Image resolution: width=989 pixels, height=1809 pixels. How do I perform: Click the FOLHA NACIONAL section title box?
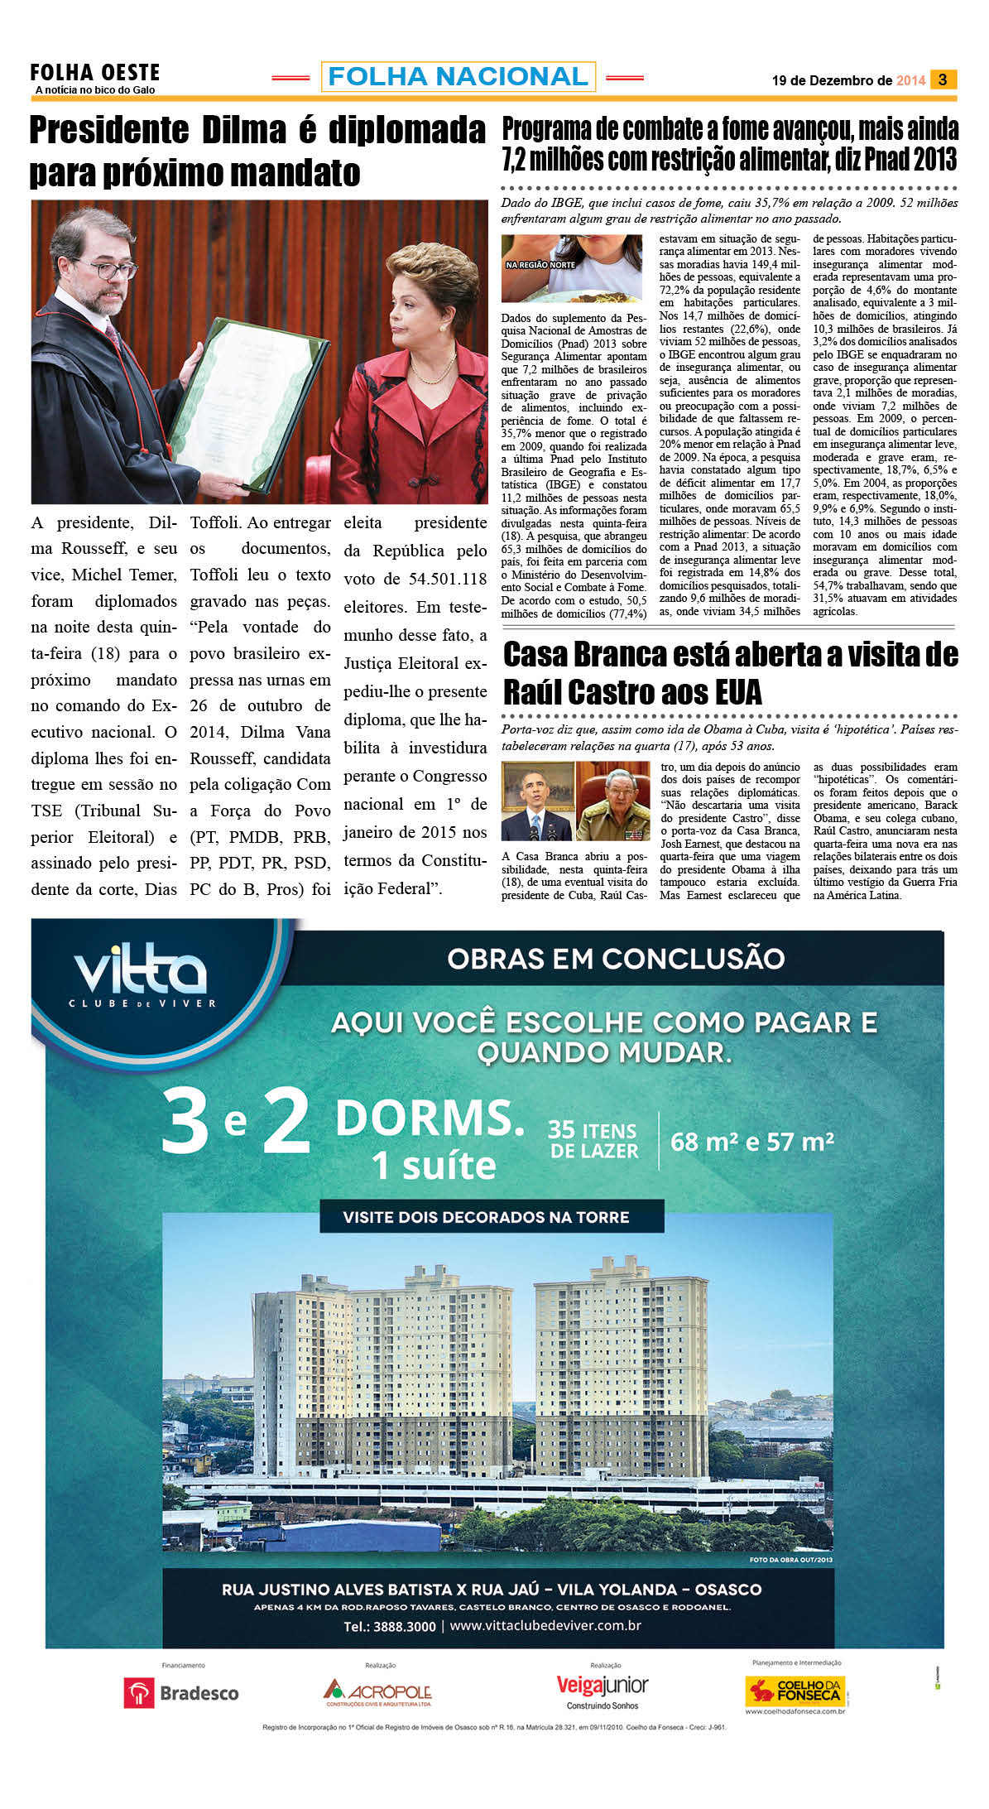click(x=458, y=77)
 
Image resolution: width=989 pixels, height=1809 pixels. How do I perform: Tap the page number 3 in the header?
click(x=943, y=79)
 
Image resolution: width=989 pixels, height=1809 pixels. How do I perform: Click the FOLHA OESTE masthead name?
click(x=94, y=73)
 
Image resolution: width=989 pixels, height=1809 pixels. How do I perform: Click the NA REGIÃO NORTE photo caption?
click(x=540, y=265)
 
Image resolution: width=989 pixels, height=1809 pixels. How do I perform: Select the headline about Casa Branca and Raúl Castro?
click(x=730, y=672)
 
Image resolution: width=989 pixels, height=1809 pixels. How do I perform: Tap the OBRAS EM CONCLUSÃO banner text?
click(x=616, y=958)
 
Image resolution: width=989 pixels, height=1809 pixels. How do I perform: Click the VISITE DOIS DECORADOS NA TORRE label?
click(x=486, y=1217)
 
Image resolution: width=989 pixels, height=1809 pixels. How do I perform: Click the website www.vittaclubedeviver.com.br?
click(x=545, y=1625)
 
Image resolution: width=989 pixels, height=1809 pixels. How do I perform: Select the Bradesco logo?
click(x=181, y=1693)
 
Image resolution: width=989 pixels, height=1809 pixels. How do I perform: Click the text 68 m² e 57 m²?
click(x=751, y=1142)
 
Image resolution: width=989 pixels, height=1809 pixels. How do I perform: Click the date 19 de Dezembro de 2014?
click(x=847, y=80)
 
